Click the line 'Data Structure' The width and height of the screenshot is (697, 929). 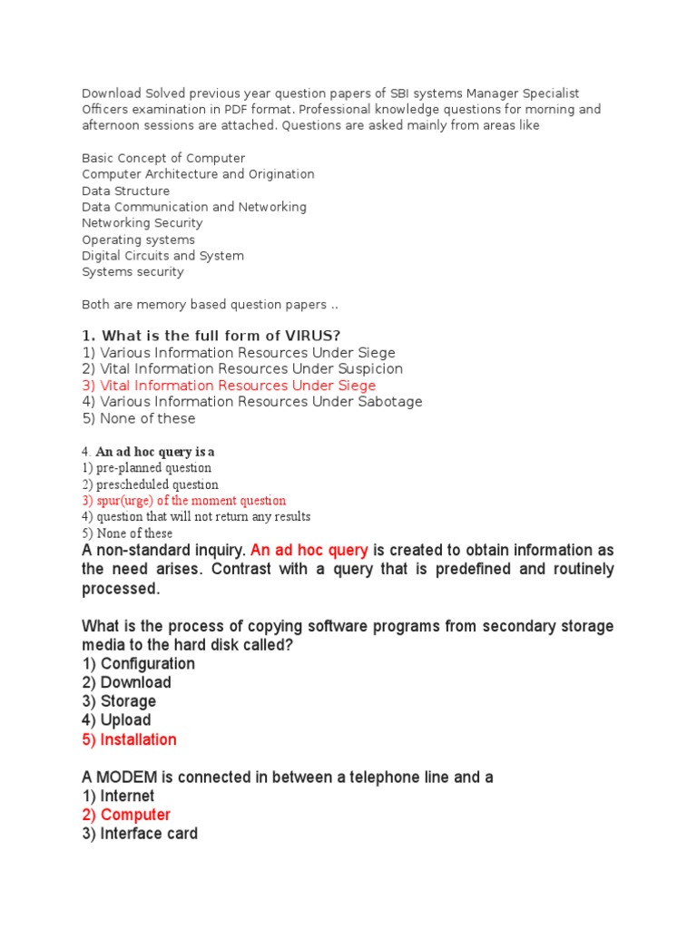[x=125, y=191]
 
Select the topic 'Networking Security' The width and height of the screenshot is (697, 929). [x=142, y=223]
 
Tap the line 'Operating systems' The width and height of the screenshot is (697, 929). [x=138, y=240]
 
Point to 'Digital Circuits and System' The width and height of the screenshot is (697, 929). [x=162, y=256]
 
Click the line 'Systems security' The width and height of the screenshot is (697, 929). [x=133, y=272]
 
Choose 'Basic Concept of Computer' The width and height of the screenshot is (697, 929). [x=163, y=158]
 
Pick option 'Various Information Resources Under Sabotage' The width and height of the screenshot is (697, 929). [x=251, y=402]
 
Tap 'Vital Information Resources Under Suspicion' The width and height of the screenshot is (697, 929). [x=242, y=369]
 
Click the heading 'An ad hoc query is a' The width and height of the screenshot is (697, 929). [x=154, y=452]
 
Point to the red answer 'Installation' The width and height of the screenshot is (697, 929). [x=129, y=739]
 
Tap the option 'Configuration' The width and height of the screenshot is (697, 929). [x=138, y=663]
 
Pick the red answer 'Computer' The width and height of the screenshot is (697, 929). [x=126, y=815]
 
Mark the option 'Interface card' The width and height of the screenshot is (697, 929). [x=140, y=834]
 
